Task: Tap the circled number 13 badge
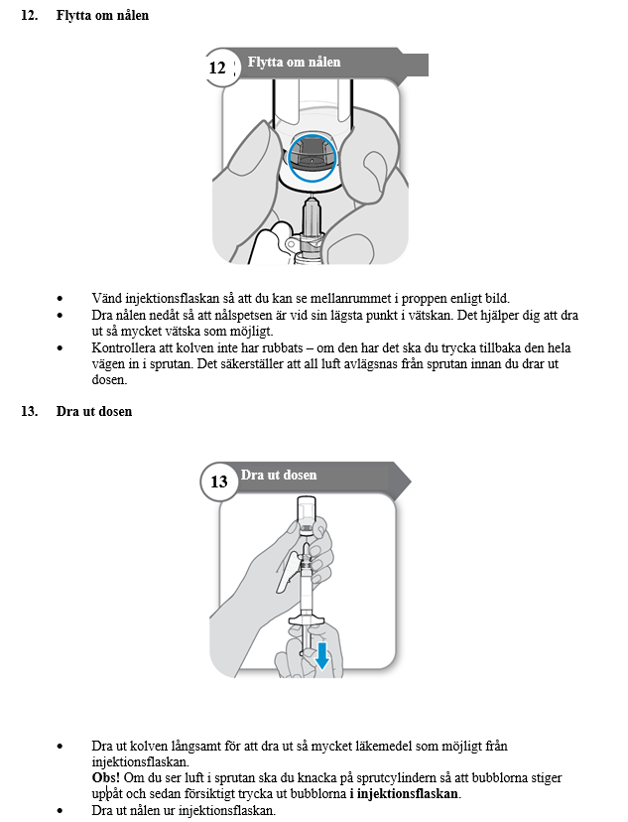tap(219, 481)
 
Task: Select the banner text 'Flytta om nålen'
tap(294, 62)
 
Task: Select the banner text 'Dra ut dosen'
tap(279, 476)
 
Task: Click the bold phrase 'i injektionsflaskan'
tap(405, 794)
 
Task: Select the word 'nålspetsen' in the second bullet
tap(235, 315)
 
